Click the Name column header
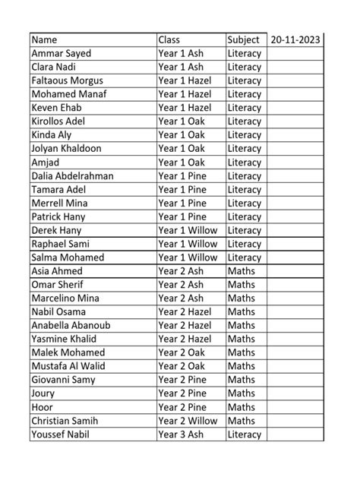(45, 39)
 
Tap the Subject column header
(244, 39)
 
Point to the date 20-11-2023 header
(295, 39)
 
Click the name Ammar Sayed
(61, 53)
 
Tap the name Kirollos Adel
(58, 122)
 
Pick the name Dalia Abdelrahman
(73, 175)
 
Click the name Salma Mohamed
(67, 257)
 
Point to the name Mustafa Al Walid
(68, 366)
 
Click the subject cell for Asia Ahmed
(242, 271)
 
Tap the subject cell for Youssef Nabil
(244, 434)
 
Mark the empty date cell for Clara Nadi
(295, 67)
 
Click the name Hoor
(43, 407)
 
